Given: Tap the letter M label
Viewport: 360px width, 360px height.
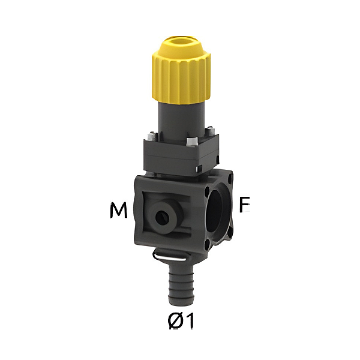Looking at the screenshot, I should (119, 211).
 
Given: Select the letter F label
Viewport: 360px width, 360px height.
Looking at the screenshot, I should (244, 205).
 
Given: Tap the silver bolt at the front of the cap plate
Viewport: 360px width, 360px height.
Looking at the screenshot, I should (192, 142).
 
